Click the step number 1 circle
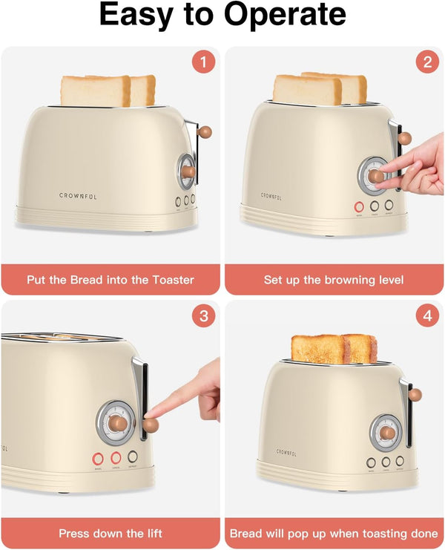(x=203, y=62)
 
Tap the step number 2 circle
(x=427, y=62)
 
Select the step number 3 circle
(x=203, y=316)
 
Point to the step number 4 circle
(x=427, y=316)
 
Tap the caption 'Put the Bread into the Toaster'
(x=111, y=280)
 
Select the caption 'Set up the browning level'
(x=334, y=280)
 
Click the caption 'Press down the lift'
(x=111, y=533)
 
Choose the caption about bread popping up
(x=334, y=533)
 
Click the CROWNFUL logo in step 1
(x=78, y=196)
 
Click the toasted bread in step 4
(x=334, y=349)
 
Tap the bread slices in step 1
(x=107, y=90)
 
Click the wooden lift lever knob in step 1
(x=205, y=132)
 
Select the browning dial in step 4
(x=386, y=432)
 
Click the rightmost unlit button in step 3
(x=133, y=457)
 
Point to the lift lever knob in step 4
(x=415, y=395)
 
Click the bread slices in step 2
(x=319, y=88)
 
